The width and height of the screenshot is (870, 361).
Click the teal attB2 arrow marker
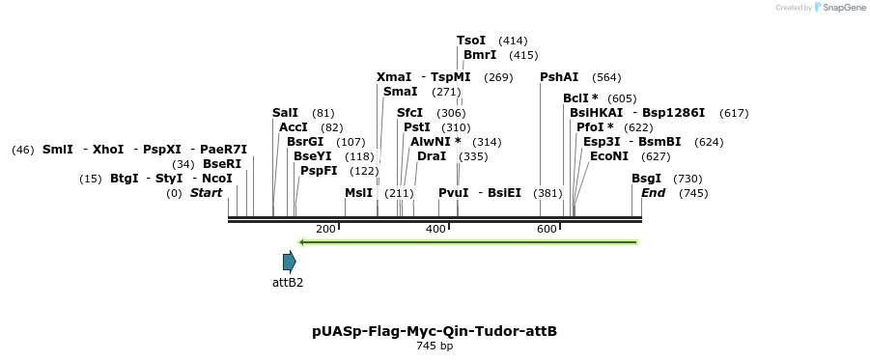pos(289,262)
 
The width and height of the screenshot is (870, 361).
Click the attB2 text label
pos(288,283)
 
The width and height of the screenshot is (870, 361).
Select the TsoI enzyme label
pos(471,41)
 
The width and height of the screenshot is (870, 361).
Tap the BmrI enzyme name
pos(480,55)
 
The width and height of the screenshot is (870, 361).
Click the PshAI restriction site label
pos(559,77)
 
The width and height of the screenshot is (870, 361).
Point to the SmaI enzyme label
pos(400,92)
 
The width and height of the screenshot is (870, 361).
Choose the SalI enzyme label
pos(285,113)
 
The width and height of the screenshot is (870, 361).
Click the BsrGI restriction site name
pos(305,142)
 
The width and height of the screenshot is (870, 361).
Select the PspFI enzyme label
pos(319,171)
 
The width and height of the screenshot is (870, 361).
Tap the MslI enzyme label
pos(358,193)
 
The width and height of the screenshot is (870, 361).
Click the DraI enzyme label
pos(432,156)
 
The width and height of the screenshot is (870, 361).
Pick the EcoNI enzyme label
pos(609,156)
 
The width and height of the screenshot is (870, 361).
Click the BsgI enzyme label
pos(647,179)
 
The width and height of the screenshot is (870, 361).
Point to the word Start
pos(206,193)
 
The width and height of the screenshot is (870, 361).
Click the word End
pos(654,193)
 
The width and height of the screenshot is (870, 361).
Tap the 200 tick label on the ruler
pos(325,229)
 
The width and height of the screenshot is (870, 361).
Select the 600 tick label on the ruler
pos(547,229)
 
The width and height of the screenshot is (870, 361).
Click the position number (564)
pos(606,77)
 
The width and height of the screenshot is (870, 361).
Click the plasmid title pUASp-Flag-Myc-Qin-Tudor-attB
pos(435,331)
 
